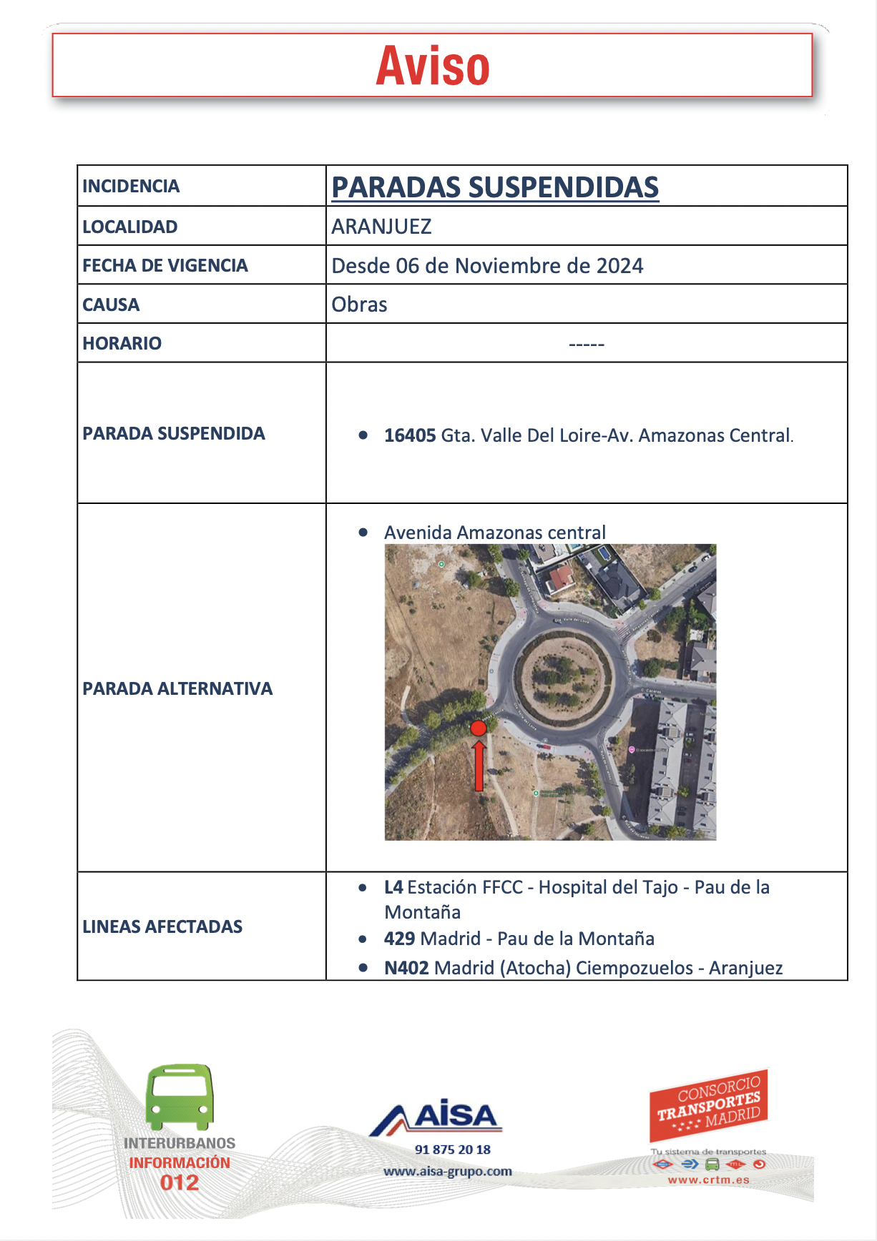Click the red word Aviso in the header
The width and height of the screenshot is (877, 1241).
(x=433, y=66)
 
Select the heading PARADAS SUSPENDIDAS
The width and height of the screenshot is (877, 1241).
(x=494, y=187)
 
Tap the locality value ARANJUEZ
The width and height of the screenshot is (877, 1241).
(x=381, y=227)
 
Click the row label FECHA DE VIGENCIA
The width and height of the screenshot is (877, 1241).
(x=165, y=266)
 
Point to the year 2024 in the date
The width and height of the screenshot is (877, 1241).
(x=619, y=266)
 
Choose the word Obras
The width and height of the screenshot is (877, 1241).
(x=359, y=305)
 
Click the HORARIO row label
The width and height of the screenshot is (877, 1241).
(x=122, y=343)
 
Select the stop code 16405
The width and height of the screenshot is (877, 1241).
(x=409, y=435)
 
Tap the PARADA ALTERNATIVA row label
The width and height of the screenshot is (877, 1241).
(x=177, y=688)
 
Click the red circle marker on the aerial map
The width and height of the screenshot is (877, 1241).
(x=479, y=728)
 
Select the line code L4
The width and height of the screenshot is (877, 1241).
(x=393, y=887)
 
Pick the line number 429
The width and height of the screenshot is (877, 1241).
(x=399, y=939)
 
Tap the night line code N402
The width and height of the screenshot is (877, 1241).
(x=406, y=968)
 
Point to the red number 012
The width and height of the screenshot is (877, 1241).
(x=180, y=1182)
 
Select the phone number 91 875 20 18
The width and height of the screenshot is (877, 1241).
(x=453, y=1149)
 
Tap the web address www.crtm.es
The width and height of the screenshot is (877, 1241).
(x=708, y=1180)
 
